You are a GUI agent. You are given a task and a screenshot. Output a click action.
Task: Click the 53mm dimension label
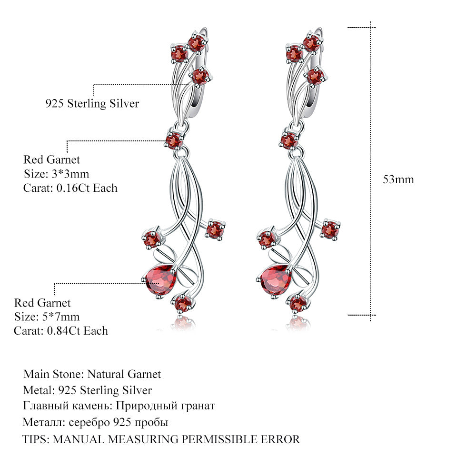click(x=398, y=179)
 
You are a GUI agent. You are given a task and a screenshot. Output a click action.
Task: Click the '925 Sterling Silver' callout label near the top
click(x=92, y=103)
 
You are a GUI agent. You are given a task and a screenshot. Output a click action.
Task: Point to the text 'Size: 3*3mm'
click(x=56, y=174)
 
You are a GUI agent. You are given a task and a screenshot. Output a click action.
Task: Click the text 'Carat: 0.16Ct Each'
click(x=70, y=188)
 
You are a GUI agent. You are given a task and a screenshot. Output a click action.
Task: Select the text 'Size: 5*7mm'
click(x=47, y=317)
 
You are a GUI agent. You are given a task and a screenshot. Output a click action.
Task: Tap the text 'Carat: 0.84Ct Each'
click(x=61, y=331)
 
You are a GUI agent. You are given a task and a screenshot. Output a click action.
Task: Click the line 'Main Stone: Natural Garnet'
click(x=92, y=374)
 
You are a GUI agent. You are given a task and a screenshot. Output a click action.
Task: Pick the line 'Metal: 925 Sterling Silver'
click(x=88, y=390)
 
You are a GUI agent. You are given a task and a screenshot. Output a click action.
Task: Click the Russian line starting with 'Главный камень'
click(x=119, y=406)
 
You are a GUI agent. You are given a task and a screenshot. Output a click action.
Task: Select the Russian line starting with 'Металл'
click(x=95, y=422)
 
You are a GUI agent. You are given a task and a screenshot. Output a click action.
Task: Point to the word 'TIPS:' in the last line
click(x=36, y=439)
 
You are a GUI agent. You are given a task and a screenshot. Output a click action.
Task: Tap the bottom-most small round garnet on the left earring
click(x=183, y=303)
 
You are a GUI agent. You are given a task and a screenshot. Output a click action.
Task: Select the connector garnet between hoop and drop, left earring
click(x=173, y=140)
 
